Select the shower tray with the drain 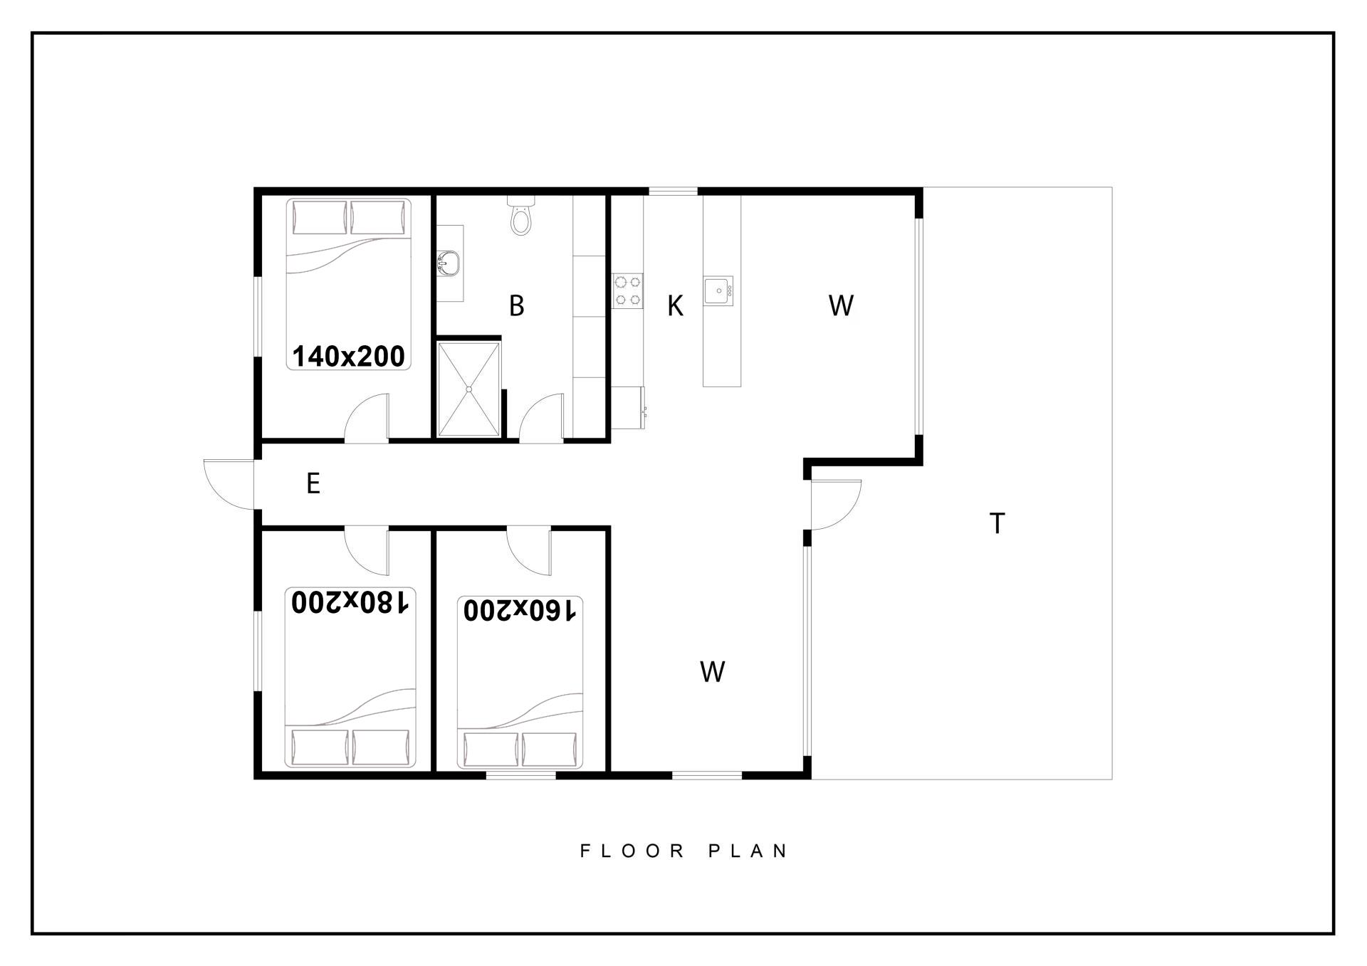(x=468, y=389)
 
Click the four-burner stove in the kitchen (x=628, y=290)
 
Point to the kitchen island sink (x=718, y=290)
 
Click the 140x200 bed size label (x=348, y=356)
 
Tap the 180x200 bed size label (x=350, y=602)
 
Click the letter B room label (x=517, y=305)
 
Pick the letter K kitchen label (x=675, y=306)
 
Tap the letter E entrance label (x=313, y=483)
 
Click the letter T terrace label (x=997, y=523)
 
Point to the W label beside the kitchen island (x=841, y=305)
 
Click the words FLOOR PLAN (x=683, y=851)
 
